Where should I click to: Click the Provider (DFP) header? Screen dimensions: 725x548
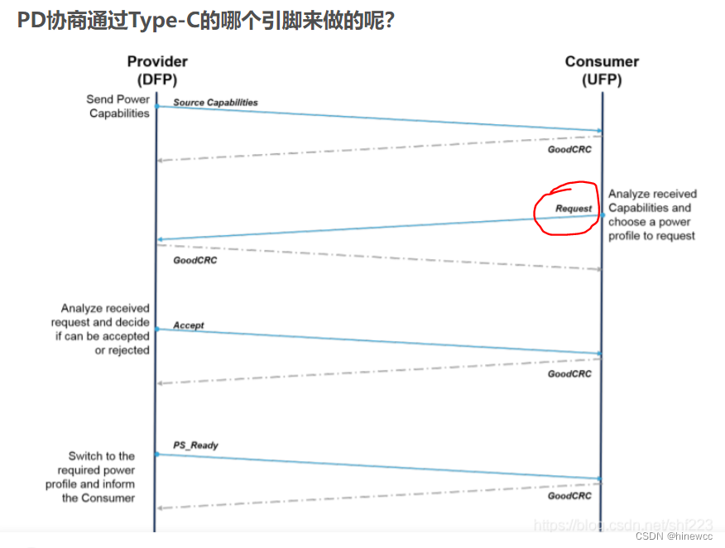(157, 70)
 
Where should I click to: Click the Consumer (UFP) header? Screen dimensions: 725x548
(602, 70)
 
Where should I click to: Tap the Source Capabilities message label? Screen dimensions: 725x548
(215, 103)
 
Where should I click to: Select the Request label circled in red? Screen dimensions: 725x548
(574, 209)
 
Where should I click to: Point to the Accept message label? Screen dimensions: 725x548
(189, 325)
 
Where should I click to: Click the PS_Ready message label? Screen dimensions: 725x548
(195, 445)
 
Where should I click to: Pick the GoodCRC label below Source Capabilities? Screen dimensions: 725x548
(569, 150)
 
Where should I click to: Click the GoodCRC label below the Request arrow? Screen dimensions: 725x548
(194, 261)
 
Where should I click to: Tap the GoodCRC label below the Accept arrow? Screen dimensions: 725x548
(569, 374)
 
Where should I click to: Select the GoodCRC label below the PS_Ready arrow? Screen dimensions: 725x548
(569, 496)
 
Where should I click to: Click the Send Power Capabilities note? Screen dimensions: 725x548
(118, 106)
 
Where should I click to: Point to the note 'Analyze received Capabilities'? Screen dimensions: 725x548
(652, 215)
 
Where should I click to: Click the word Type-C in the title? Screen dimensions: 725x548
(166, 20)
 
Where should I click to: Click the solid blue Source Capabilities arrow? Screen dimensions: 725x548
(379, 118)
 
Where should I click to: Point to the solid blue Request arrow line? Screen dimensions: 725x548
(379, 228)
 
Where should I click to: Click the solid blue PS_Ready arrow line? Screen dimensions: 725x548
(379, 467)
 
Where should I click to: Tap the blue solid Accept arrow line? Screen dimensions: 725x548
(379, 341)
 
